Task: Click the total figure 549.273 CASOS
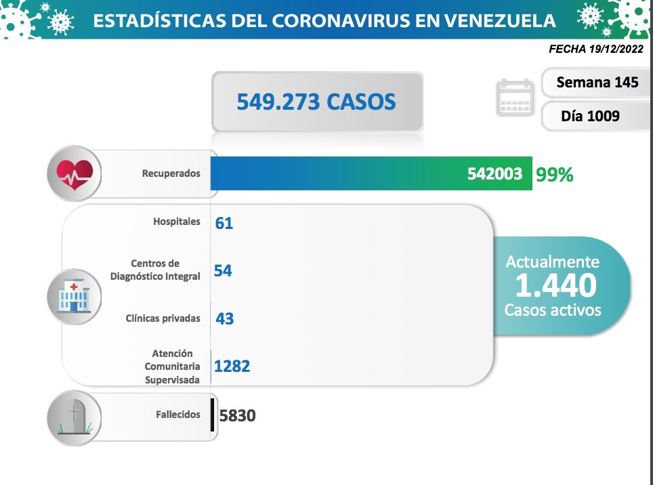tap(316, 102)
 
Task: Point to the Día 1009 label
tap(590, 116)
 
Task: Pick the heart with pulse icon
tap(75, 173)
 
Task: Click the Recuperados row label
tap(171, 173)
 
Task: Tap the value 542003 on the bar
tap(494, 174)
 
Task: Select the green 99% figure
tap(554, 175)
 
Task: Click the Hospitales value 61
tap(224, 223)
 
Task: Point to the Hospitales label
tap(176, 222)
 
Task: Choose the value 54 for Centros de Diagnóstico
tap(223, 271)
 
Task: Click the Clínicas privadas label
tap(163, 318)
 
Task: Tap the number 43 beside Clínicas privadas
tap(224, 318)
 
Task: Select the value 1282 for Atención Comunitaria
tap(232, 366)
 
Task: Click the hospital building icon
tap(75, 295)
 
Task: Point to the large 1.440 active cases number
tap(555, 286)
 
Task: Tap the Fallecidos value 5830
tap(237, 415)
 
